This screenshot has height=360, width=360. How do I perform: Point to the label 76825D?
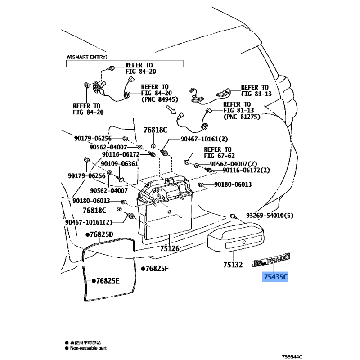pyautogui.click(x=101, y=234)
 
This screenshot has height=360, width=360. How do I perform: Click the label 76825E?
pyautogui.click(x=107, y=281)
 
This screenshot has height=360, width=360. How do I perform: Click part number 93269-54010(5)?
pyautogui.click(x=270, y=216)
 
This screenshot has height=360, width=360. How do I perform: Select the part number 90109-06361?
pyautogui.click(x=119, y=164)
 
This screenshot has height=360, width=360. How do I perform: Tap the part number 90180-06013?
pyautogui.click(x=233, y=184)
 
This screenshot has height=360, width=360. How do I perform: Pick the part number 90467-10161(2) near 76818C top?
pyautogui.click(x=204, y=139)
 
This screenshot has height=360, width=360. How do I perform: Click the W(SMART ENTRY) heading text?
pyautogui.click(x=87, y=58)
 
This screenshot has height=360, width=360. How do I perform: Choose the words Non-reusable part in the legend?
pyautogui.click(x=90, y=348)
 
